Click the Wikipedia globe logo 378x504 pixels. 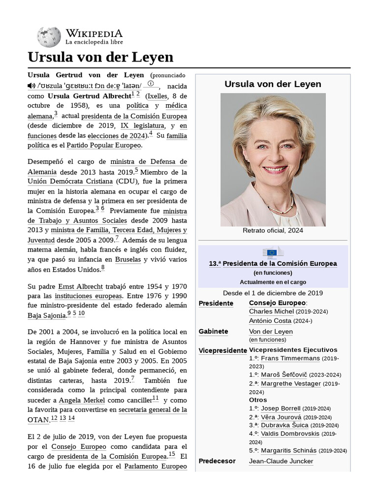pyautogui.click(x=49, y=37)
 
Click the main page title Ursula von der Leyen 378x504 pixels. pyautogui.click(x=100, y=57)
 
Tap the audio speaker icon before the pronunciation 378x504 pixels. pyautogui.click(x=31, y=86)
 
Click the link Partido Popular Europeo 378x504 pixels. pyautogui.click(x=104, y=145)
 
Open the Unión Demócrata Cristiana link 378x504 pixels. pyautogui.click(x=70, y=181)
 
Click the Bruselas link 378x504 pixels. pyautogui.click(x=128, y=259)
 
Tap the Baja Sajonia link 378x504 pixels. pyautogui.click(x=47, y=315)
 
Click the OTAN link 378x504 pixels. pyautogui.click(x=38, y=419)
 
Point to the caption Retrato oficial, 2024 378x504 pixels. pyautogui.click(x=273, y=230)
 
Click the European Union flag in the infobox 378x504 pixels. pyautogui.click(x=273, y=252)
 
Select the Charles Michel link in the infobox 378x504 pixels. pyautogui.click(x=270, y=312)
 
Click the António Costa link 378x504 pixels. pyautogui.click(x=270, y=320)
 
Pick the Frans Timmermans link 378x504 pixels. pyautogui.click(x=290, y=358)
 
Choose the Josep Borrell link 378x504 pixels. pyautogui.click(x=281, y=409)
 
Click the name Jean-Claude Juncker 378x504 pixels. pyautogui.click(x=281, y=461)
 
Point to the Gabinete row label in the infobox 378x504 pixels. pyautogui.click(x=214, y=331)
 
